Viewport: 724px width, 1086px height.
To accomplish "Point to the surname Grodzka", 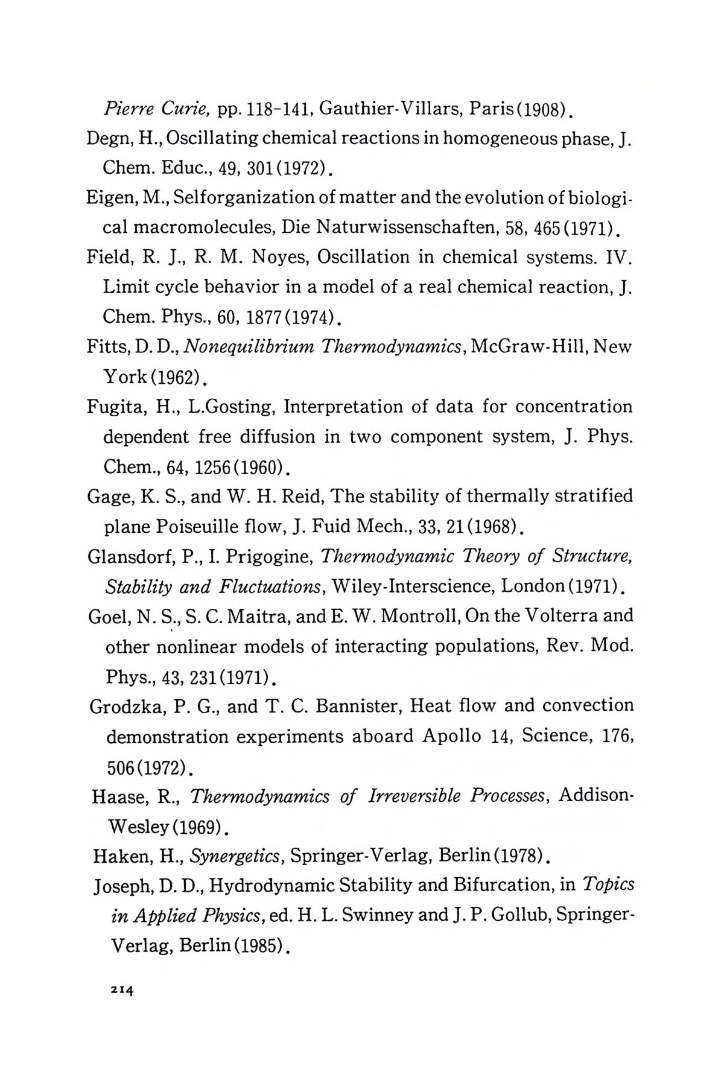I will pyautogui.click(x=125, y=706).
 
